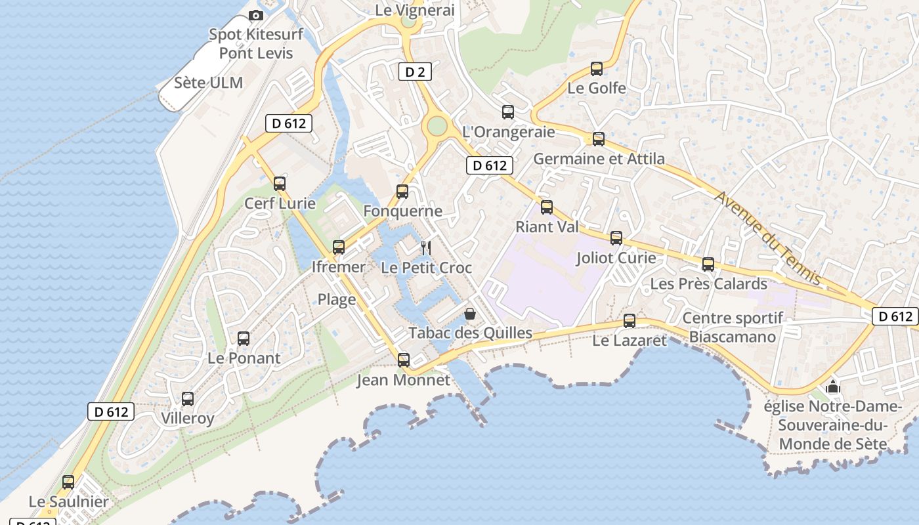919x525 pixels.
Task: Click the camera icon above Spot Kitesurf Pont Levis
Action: [256, 15]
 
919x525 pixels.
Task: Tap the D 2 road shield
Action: [415, 72]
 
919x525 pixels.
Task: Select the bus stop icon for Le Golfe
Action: [597, 68]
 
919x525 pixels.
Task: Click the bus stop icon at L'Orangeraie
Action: [508, 112]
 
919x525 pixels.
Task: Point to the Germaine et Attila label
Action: [599, 159]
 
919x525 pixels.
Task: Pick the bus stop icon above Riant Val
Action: [547, 207]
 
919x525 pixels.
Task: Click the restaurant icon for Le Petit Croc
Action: [426, 247]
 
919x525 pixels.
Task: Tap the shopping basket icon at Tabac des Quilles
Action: [469, 314]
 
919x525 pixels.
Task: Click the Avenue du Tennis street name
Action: [767, 237]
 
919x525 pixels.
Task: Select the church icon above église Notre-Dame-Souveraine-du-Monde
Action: [833, 387]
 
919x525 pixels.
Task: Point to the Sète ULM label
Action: [209, 83]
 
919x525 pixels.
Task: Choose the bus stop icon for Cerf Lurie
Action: [280, 183]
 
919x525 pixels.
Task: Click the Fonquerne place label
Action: [402, 211]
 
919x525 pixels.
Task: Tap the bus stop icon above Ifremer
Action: [339, 247]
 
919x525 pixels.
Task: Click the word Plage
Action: [337, 300]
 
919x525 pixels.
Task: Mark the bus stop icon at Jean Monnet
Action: [404, 360]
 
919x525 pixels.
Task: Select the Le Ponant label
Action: [244, 358]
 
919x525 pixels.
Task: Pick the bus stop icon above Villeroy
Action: [188, 398]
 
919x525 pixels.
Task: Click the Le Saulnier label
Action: [68, 503]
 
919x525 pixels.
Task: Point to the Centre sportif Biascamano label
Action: [733, 327]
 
